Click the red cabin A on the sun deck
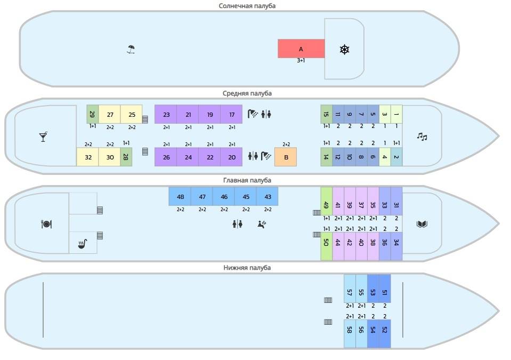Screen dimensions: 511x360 (x=301, y=49)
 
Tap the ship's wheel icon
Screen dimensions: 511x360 (x=344, y=49)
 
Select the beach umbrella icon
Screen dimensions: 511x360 (x=131, y=49)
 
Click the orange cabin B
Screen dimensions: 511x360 (x=286, y=157)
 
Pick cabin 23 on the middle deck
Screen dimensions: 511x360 (x=166, y=114)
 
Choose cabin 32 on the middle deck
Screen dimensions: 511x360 (x=88, y=157)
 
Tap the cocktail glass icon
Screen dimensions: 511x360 (x=43, y=137)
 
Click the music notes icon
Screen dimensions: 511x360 (x=421, y=137)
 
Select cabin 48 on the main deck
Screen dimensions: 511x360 (x=180, y=196)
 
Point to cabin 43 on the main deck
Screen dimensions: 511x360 (x=267, y=196)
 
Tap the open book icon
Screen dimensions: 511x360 (x=421, y=224)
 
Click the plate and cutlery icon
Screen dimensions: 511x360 (x=46, y=224)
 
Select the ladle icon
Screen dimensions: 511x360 (x=83, y=244)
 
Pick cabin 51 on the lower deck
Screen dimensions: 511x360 (x=385, y=289)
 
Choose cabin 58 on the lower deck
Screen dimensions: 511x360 (x=350, y=333)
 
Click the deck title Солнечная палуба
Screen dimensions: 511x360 (x=247, y=6)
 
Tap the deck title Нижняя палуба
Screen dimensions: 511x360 (x=247, y=268)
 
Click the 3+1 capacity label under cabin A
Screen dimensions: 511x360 (x=301, y=60)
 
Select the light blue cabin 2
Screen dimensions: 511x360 (x=396, y=157)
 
